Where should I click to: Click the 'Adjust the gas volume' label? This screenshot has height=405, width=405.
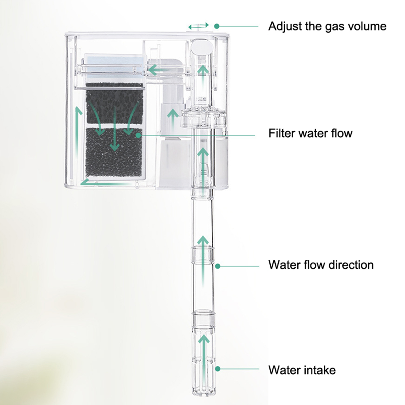tap(327, 26)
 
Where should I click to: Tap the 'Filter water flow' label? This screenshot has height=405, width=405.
tap(310, 133)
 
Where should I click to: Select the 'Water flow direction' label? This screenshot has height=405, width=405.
tap(321, 265)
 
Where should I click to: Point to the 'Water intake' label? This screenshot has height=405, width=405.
tap(302, 370)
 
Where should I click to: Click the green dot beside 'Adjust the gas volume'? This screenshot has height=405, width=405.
tap(217, 26)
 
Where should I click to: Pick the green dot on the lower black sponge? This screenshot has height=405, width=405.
tap(138, 135)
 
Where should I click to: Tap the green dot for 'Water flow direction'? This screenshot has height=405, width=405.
tap(218, 266)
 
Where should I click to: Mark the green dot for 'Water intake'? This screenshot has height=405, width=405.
tap(218, 369)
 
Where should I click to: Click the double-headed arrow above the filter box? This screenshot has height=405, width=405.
tap(199, 26)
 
